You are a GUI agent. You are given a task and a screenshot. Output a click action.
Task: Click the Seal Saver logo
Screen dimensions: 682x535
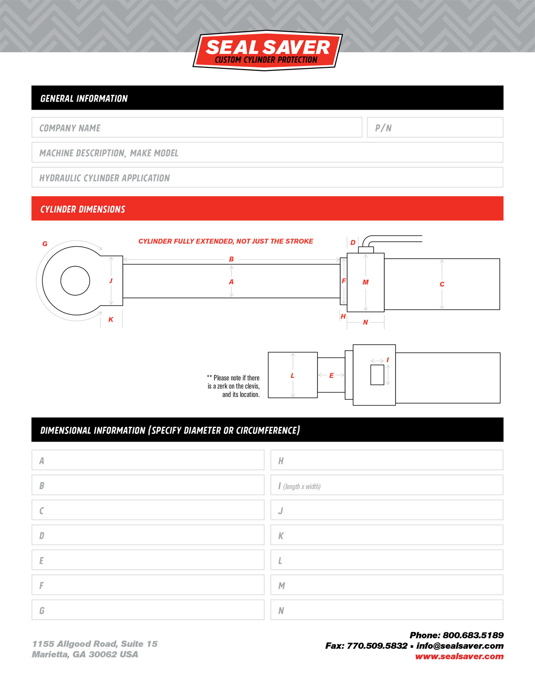click(x=267, y=50)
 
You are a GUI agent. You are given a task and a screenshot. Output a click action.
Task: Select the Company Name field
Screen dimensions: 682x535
click(x=197, y=128)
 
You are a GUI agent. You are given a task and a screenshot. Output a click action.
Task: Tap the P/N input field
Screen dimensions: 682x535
click(x=435, y=128)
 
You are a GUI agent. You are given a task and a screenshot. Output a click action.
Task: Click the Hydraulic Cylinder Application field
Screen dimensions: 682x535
click(x=267, y=178)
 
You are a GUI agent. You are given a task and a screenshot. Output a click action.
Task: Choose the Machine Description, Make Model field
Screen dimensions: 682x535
click(x=267, y=153)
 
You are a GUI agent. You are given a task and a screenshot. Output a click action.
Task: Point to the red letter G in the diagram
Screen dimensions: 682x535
click(x=45, y=244)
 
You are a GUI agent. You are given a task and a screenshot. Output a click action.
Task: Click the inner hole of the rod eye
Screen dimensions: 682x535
click(x=75, y=281)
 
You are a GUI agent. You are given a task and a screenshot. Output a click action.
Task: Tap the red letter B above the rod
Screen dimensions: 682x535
click(x=231, y=259)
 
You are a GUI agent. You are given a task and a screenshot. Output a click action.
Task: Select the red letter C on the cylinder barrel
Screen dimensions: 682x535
click(x=442, y=284)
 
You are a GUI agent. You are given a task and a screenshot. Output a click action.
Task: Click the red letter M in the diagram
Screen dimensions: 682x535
click(x=366, y=282)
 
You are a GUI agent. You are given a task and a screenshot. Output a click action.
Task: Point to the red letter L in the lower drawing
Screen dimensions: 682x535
click(x=292, y=376)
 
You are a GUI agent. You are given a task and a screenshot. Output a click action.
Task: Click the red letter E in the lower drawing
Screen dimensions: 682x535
click(x=331, y=376)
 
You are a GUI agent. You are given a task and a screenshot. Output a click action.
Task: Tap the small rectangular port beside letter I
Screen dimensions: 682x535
click(x=377, y=375)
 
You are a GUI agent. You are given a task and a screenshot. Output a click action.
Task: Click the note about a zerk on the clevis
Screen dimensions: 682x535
click(x=234, y=386)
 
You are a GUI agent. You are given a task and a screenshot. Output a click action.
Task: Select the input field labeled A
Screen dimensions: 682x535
click(x=148, y=460)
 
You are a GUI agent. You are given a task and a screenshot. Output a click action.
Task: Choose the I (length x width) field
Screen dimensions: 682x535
click(x=387, y=485)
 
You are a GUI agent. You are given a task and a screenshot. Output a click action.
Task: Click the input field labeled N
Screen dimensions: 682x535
click(x=387, y=610)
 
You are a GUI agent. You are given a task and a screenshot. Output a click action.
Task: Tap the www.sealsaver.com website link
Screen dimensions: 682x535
click(x=459, y=657)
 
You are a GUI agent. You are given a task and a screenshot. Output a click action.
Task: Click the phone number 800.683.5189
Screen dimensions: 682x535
click(x=473, y=635)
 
